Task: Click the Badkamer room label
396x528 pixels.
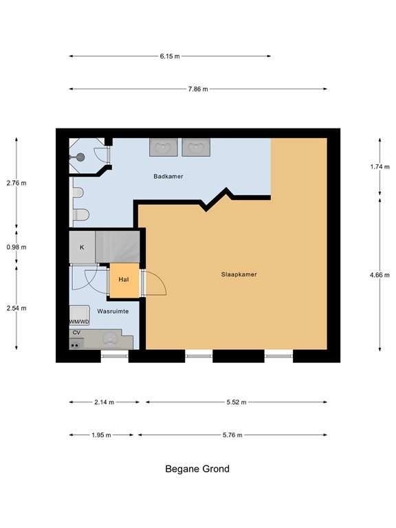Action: pos(168,177)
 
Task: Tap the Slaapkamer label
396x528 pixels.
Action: pos(239,274)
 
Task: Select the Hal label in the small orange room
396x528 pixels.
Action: pos(124,280)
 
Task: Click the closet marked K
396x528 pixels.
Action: pos(82,247)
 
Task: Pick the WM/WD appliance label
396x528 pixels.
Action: pos(79,322)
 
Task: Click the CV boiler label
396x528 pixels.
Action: pos(76,333)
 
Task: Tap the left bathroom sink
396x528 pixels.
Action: pos(164,147)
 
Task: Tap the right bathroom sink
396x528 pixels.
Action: pos(196,147)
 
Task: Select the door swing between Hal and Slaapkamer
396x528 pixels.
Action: pos(153,282)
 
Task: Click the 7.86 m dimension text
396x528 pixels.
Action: pos(198,89)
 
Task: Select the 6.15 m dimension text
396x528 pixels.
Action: pos(170,56)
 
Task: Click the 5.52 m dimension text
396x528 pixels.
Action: pos(236,402)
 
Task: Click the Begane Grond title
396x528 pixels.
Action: pos(197,470)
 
